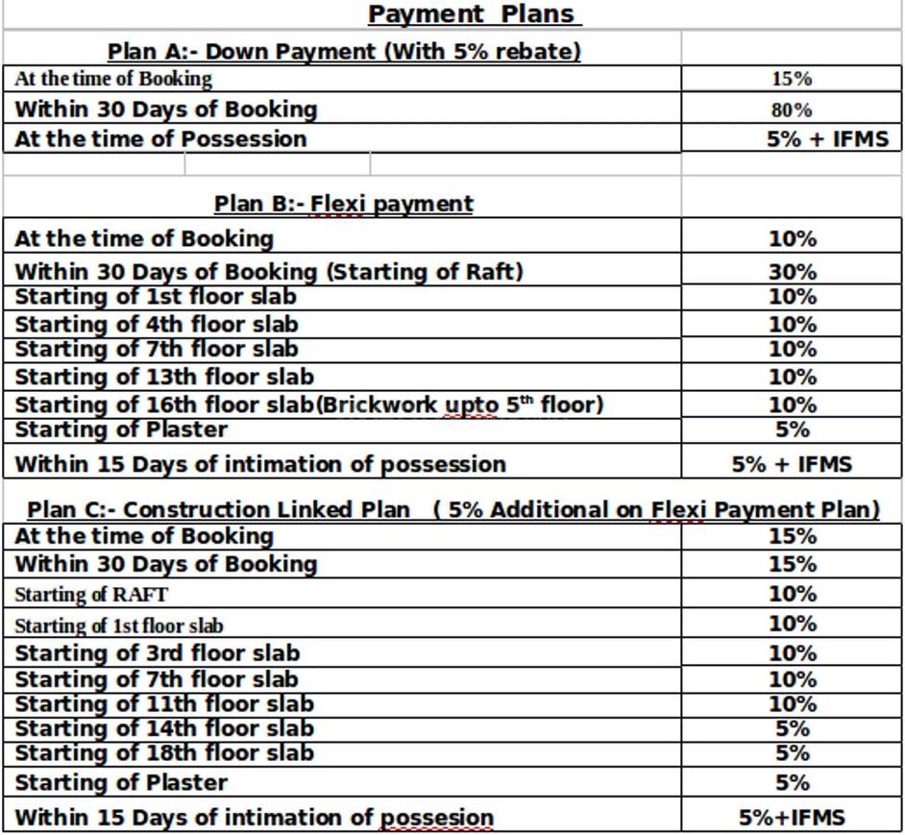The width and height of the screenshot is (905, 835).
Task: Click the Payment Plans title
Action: (474, 14)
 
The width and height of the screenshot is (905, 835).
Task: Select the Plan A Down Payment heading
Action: (344, 52)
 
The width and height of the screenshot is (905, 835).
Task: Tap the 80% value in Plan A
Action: (791, 110)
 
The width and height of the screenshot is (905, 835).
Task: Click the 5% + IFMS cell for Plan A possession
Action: (827, 138)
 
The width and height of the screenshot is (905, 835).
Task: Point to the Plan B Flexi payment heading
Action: (343, 204)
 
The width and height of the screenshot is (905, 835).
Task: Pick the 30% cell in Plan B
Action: (792, 272)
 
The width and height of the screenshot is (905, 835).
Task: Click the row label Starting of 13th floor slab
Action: (164, 377)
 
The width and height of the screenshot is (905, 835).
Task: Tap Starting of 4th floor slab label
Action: (157, 325)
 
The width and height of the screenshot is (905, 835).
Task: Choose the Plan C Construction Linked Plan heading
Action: (452, 509)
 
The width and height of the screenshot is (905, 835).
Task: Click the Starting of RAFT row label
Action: (91, 595)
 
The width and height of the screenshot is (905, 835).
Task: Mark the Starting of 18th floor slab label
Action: (164, 753)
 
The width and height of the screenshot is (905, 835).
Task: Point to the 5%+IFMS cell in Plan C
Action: (792, 818)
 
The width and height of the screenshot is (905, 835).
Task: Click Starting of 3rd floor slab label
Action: (158, 653)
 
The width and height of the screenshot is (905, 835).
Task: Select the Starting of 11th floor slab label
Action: (164, 704)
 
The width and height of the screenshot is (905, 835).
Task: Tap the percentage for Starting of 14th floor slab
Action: (792, 728)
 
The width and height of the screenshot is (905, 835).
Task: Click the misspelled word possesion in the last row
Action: (437, 819)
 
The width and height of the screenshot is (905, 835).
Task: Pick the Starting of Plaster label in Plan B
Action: (121, 430)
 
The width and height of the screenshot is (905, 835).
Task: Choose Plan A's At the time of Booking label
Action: (113, 79)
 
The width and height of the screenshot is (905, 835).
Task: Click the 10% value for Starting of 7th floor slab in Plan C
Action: (792, 679)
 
